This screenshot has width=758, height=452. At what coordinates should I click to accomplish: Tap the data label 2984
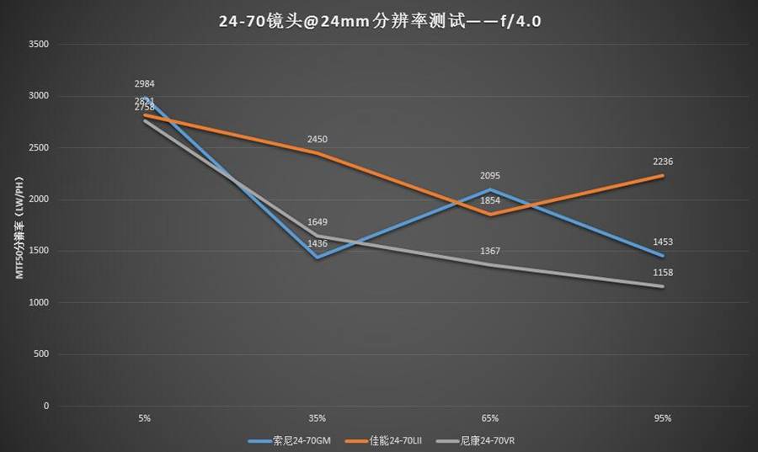tap(144, 83)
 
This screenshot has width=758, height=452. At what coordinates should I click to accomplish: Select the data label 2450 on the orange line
tap(317, 139)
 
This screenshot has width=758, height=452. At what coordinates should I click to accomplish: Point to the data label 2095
tap(490, 175)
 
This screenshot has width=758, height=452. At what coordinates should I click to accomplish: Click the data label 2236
tap(663, 162)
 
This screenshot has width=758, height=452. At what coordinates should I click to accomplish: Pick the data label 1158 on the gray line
tap(663, 273)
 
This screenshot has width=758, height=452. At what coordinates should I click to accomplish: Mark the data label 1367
tap(490, 251)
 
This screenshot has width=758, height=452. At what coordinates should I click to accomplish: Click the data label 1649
tap(317, 222)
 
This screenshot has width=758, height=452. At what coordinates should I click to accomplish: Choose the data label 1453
tap(663, 242)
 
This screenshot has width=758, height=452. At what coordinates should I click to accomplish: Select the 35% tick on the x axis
tap(317, 418)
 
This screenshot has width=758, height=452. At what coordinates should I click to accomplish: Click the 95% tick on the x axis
tap(663, 418)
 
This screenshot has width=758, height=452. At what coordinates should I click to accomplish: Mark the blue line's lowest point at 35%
tap(317, 258)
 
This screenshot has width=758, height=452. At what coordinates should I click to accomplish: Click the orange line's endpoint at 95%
tap(663, 175)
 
